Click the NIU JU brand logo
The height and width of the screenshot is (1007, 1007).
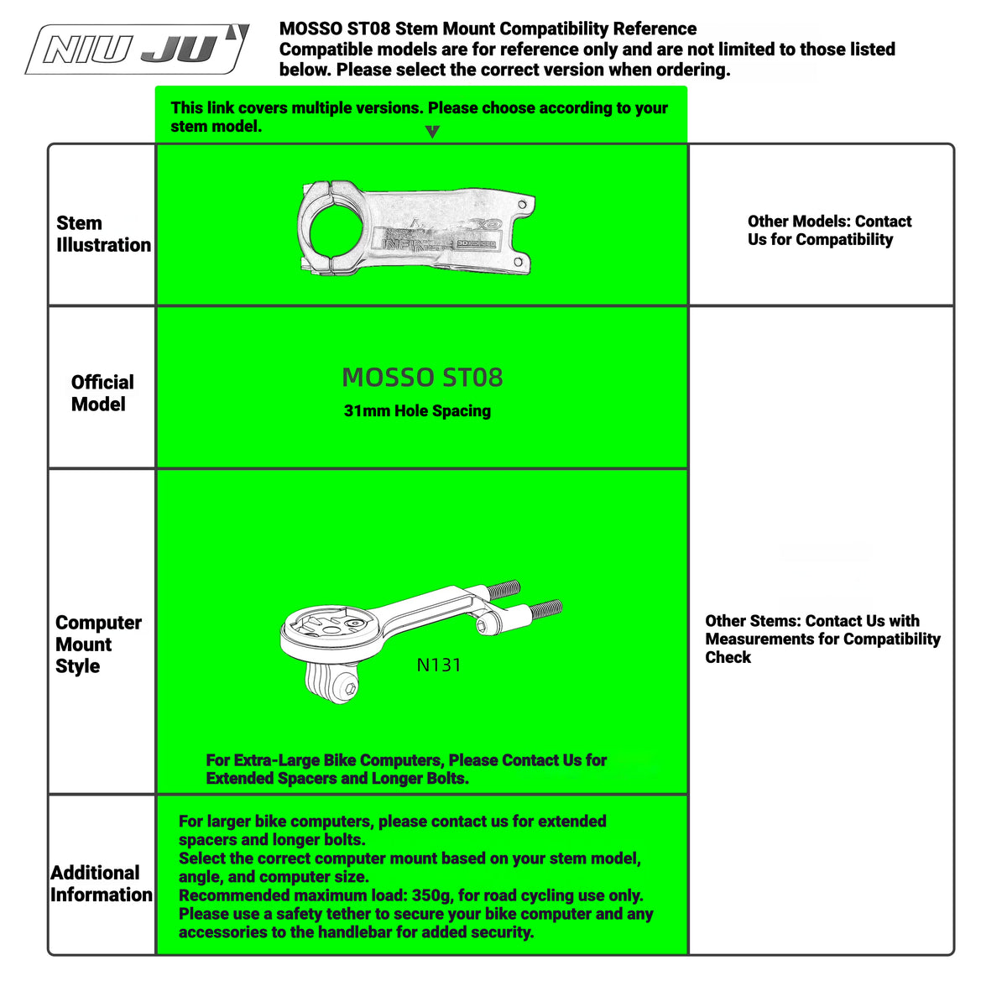coord(137,49)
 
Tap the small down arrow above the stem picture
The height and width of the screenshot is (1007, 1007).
coord(432,131)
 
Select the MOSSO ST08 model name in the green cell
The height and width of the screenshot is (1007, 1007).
coord(422,378)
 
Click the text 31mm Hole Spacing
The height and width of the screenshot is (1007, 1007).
coord(417,410)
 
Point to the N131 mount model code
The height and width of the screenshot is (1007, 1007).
coord(439,665)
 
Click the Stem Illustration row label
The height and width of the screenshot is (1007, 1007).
coord(103,233)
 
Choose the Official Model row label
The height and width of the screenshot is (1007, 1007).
coord(102,393)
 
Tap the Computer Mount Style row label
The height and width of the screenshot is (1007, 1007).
coord(98,644)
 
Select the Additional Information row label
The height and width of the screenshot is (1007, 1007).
coord(102,883)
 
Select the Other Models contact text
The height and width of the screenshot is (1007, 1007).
coord(829,230)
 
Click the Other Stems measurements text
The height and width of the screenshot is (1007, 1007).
coord(822,639)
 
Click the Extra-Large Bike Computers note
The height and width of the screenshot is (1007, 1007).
coord(406,769)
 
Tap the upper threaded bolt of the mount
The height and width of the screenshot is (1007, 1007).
coord(503,589)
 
